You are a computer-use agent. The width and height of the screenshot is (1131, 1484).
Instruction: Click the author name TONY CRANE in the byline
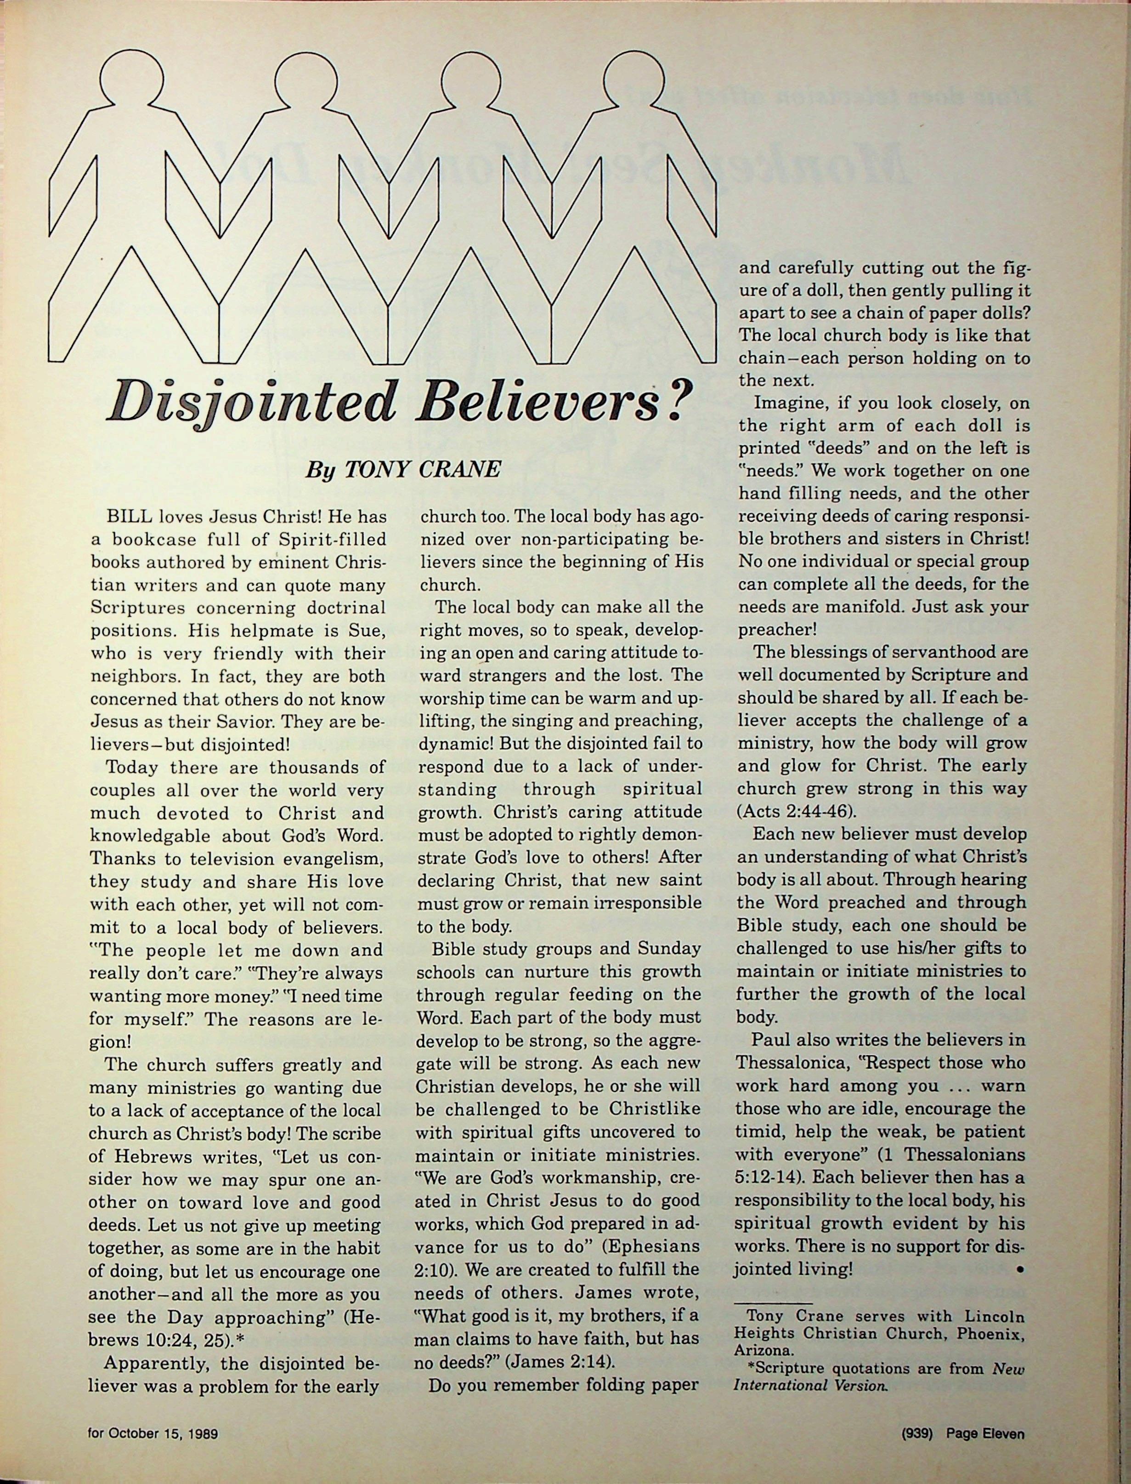423,469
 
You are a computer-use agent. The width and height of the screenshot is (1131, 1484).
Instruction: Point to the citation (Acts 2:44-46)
788,811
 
